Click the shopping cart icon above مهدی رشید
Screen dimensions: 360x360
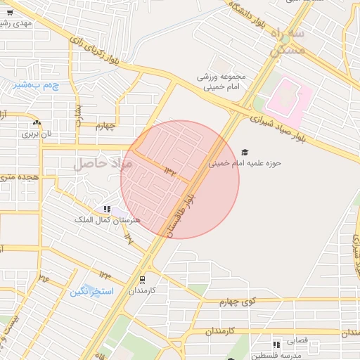[x=10, y=13]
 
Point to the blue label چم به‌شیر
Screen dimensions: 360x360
[x=30, y=85]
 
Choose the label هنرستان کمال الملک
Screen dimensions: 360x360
[x=108, y=220]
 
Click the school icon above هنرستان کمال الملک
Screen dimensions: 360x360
[x=107, y=209]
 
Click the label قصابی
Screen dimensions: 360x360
[x=297, y=340]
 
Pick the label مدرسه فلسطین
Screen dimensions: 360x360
[x=278, y=355]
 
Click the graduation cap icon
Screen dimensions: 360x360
[x=245, y=152]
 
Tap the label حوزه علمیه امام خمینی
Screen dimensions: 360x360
[x=245, y=163]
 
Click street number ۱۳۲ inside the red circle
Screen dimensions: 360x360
[x=172, y=170]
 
